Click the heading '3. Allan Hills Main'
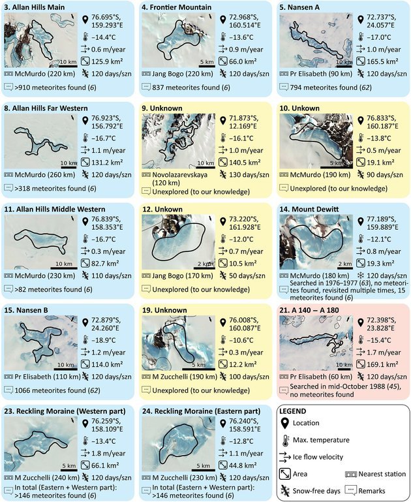(35, 7)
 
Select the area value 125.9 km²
(108, 61)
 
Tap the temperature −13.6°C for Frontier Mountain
(241, 37)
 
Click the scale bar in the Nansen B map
(67, 369)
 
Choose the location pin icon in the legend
(284, 423)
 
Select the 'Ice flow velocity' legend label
(318, 457)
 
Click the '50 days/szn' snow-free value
(247, 275)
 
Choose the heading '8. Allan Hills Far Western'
(46, 108)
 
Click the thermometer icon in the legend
(284, 440)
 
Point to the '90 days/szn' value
(385, 175)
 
